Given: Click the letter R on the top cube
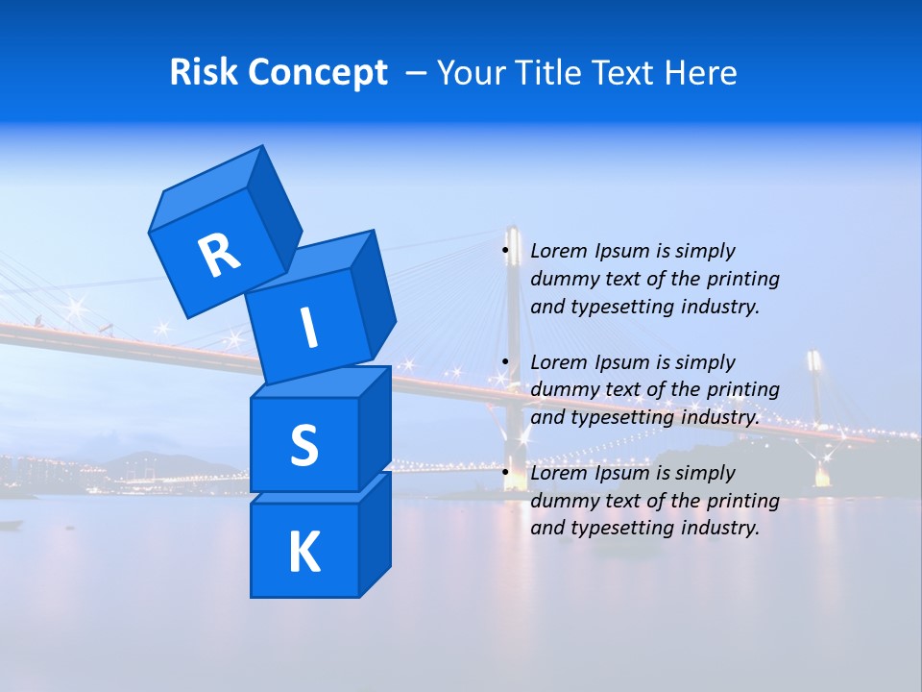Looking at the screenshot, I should coord(219,255).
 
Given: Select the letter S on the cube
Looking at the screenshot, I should coord(303,445).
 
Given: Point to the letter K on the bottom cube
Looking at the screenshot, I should coord(303,553).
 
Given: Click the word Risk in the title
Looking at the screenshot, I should coord(203,72).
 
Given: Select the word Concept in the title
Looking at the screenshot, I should coord(317,73).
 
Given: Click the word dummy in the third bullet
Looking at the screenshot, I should coord(562,501).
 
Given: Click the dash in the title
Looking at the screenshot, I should coord(417,73).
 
